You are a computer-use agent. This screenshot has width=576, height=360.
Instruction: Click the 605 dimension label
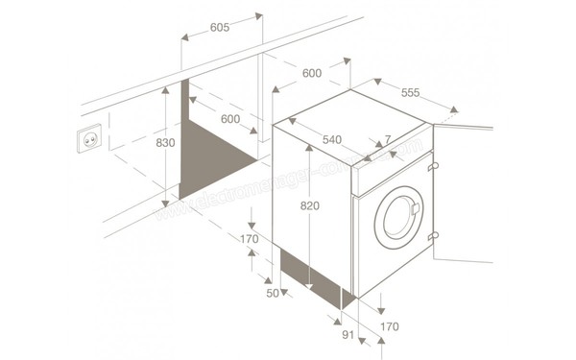[x=220, y=28]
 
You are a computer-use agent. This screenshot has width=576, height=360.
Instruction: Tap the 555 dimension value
[x=410, y=93]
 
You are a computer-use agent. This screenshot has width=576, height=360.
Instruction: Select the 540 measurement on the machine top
[x=331, y=140]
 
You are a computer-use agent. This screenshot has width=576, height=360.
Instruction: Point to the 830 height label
[x=165, y=143]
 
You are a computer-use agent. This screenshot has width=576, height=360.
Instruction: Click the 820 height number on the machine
[x=309, y=206]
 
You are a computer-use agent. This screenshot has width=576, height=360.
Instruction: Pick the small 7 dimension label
[x=387, y=140]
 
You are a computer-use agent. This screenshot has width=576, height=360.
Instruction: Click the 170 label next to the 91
[x=389, y=327]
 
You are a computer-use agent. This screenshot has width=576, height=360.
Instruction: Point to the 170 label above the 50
[x=250, y=239]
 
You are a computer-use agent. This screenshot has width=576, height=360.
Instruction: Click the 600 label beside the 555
[x=311, y=74]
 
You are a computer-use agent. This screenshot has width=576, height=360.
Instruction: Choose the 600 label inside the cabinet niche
[x=229, y=119]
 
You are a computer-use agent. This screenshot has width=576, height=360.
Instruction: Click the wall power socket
[x=88, y=141]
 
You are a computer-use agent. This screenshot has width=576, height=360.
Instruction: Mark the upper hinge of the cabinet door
[x=434, y=166]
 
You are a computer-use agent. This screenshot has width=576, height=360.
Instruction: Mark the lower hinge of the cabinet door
[x=434, y=236]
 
